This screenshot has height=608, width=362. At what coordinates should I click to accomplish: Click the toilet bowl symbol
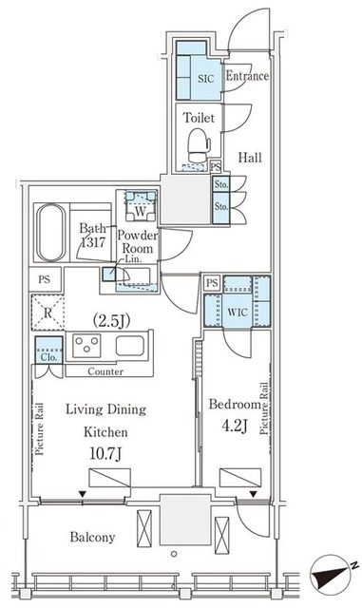199,145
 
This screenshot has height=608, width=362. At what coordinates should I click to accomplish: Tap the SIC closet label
205,79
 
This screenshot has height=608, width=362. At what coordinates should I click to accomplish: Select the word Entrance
247,76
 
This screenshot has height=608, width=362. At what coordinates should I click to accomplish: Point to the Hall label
250,158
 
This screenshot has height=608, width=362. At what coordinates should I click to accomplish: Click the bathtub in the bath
50,233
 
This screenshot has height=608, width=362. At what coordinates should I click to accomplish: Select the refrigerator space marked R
48,313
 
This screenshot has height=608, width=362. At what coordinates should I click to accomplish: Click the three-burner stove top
87,346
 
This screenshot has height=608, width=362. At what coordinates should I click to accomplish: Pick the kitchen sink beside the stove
129,346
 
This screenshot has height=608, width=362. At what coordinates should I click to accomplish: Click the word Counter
105,371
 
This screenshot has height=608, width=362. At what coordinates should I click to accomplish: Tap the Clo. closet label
48,357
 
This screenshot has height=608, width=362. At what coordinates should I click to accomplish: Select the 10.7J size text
105,454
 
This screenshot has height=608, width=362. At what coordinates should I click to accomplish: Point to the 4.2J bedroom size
235,427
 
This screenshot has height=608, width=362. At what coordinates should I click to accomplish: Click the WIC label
238,313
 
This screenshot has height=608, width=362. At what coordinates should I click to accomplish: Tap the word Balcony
92,538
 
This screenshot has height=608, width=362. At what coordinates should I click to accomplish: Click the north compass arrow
332,574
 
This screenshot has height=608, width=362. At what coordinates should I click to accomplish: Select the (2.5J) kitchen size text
111,320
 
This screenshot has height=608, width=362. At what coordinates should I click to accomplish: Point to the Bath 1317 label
92,236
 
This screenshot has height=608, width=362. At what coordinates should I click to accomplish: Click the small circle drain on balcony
174,554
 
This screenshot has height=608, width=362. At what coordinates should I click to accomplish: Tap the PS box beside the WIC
212,283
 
